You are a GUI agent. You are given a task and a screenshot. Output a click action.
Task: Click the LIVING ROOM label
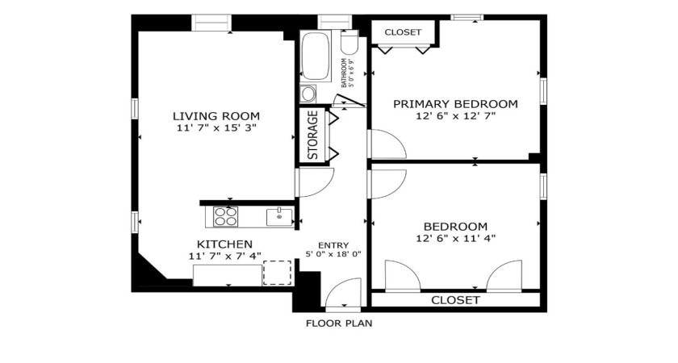[x=216, y=115]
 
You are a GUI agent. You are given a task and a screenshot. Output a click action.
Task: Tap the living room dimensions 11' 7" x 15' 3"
[x=216, y=128]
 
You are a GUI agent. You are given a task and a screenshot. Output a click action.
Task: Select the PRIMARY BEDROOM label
[x=454, y=103]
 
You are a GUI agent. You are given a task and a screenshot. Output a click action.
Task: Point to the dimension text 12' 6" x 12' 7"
[x=454, y=116]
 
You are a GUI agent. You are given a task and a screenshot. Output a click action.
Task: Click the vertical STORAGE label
[x=312, y=135]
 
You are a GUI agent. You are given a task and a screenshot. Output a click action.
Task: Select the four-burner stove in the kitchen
[x=227, y=215]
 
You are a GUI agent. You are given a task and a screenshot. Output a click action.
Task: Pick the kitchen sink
[x=278, y=215]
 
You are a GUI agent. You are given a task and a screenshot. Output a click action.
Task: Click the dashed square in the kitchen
[x=277, y=273]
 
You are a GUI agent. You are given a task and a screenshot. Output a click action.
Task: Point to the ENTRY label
[x=333, y=245]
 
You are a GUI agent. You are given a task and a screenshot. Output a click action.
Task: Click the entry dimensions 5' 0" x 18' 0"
[x=333, y=255]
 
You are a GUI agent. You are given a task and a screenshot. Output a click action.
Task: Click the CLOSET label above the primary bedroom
[x=403, y=32]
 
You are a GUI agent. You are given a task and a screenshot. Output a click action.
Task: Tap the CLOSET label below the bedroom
[x=455, y=300]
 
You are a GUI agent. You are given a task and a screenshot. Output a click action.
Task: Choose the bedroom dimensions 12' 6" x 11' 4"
[x=455, y=238]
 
